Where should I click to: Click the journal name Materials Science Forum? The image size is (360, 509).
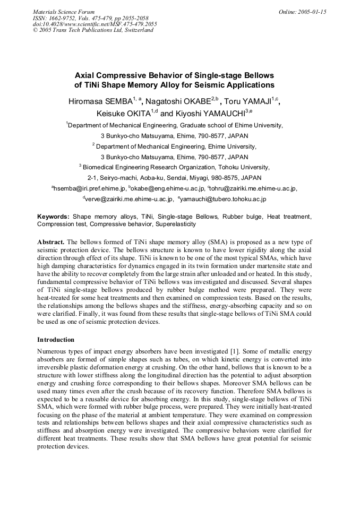[x=64, y=12]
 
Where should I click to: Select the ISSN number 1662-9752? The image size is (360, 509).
[x=61, y=18]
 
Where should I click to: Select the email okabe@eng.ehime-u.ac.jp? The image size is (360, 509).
[x=168, y=188]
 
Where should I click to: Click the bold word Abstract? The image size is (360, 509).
[x=51, y=241]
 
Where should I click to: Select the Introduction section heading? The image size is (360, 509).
[x=56, y=339]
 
